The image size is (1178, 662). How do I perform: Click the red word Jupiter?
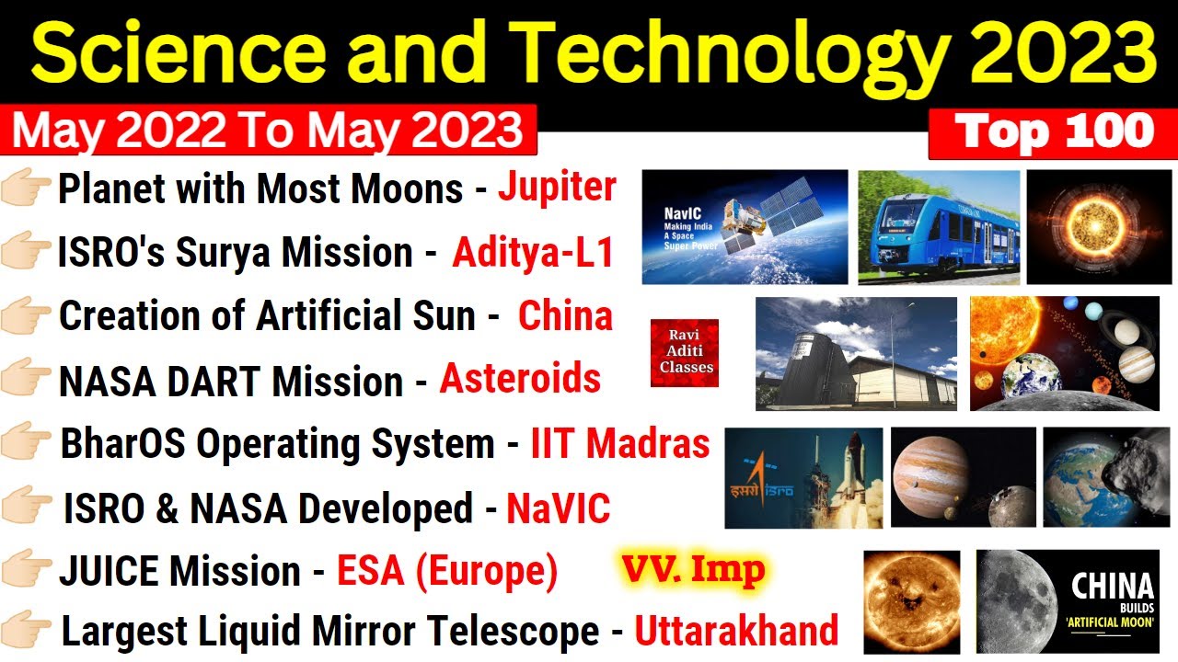557,188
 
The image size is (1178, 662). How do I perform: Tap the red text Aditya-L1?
532,253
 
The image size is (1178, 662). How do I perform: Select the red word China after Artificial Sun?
565,316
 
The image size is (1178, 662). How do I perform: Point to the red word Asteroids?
520,379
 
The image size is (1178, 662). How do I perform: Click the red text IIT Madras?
619,444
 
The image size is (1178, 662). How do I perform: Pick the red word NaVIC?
558,509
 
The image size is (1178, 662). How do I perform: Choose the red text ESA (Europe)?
447,572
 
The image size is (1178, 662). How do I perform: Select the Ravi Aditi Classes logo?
684,353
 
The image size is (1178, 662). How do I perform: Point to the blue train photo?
939,227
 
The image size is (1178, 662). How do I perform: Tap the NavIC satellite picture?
745,227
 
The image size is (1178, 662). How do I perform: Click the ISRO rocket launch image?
803,477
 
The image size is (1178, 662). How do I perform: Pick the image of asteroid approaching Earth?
1105,477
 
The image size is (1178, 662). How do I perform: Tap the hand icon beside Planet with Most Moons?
28,188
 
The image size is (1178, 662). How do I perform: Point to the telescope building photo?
855,353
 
